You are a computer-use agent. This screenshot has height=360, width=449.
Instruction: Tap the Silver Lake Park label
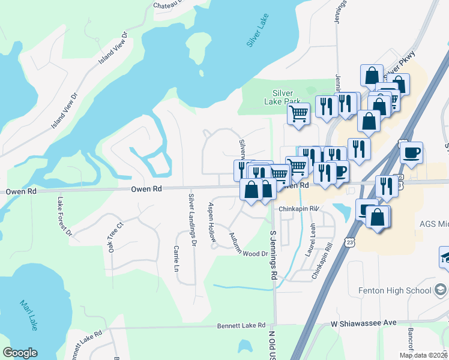283,97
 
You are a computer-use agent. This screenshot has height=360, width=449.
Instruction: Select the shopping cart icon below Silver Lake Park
298,113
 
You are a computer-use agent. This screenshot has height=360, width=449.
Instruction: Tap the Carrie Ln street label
176,259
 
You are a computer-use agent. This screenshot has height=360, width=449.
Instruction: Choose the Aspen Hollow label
212,222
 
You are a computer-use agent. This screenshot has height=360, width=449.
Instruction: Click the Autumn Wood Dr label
249,247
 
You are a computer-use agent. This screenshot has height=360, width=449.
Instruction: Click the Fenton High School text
395,291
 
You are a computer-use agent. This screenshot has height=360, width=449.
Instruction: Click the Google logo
20,353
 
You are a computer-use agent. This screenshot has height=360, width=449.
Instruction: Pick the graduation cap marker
446,257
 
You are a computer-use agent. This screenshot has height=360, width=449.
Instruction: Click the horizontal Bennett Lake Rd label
241,325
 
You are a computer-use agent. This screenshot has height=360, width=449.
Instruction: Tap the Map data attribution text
423,355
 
